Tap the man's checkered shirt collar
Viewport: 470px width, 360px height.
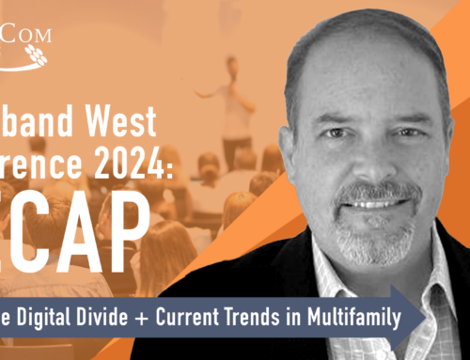(395, 273)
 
